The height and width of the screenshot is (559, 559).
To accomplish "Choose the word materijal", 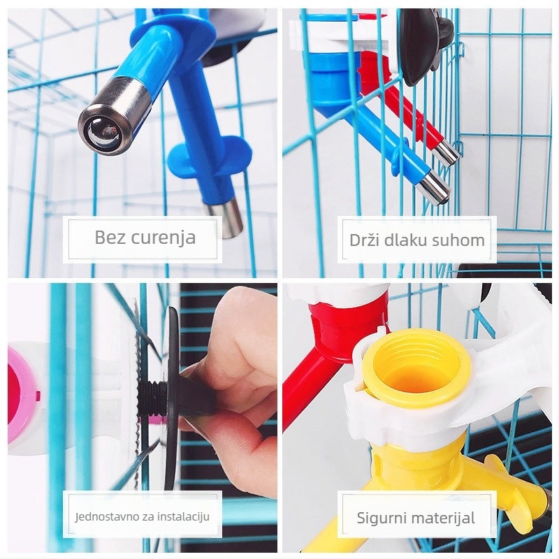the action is coord(442,518).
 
